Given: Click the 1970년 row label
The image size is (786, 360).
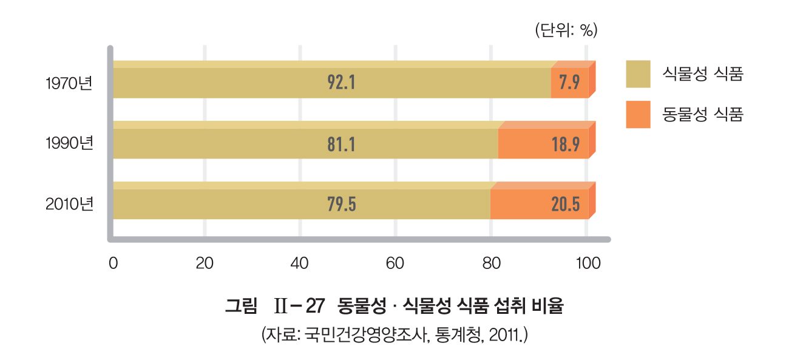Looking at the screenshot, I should [x=69, y=83].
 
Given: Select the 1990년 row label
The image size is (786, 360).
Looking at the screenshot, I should [x=69, y=144].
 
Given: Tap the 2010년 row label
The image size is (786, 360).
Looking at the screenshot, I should [x=69, y=205].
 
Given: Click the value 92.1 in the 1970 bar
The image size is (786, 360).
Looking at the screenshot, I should [x=341, y=83].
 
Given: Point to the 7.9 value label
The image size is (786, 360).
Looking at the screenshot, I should [x=569, y=83].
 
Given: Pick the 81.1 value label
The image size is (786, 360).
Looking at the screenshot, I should [x=341, y=144].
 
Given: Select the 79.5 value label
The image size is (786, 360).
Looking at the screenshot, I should [x=341, y=205].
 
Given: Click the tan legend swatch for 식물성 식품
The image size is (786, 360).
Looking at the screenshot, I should [x=638, y=74].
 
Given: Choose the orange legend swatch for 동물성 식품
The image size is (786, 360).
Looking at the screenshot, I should [x=638, y=114].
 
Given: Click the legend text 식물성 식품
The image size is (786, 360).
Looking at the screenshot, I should [x=704, y=74].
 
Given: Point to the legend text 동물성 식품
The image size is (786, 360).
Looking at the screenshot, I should [x=704, y=114].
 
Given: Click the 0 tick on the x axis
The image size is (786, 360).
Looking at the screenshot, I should [x=113, y=263].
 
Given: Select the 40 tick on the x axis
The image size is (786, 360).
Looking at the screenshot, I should [x=300, y=263].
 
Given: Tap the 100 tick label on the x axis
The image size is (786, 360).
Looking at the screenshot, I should [x=587, y=263].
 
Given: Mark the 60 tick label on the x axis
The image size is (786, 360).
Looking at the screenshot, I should [x=395, y=263].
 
